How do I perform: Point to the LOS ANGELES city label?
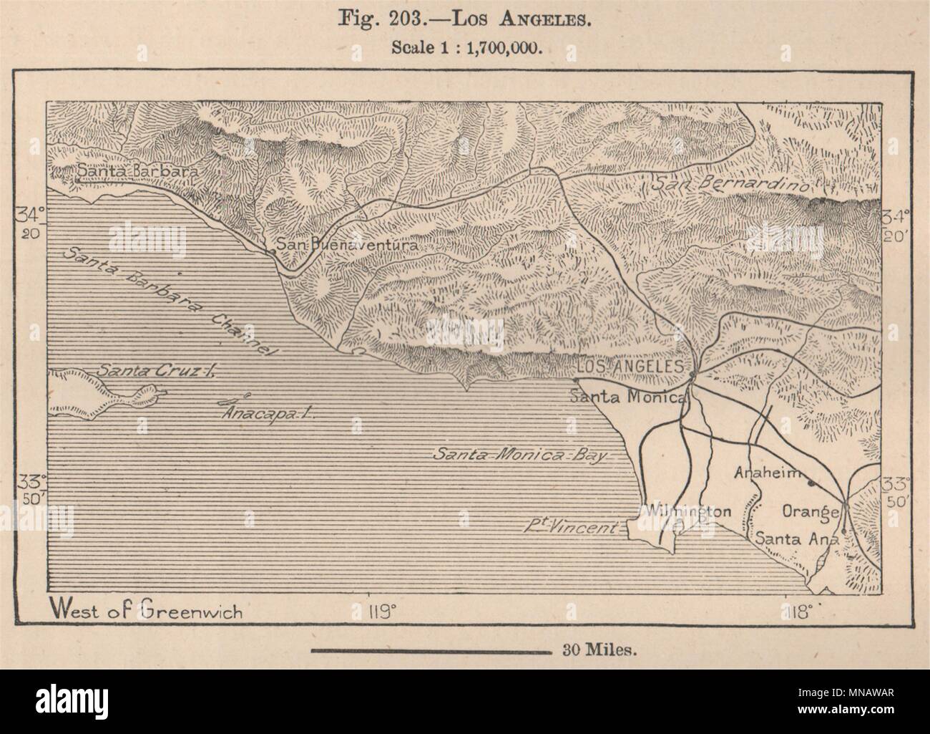pyautogui.click(x=630, y=366)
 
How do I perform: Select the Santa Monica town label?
pyautogui.click(x=627, y=396)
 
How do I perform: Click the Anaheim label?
pyautogui.click(x=765, y=473)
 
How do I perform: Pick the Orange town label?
pyautogui.click(x=810, y=511)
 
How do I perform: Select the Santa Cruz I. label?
pyautogui.click(x=156, y=370)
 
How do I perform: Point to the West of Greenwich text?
pyautogui.click(x=146, y=612)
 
